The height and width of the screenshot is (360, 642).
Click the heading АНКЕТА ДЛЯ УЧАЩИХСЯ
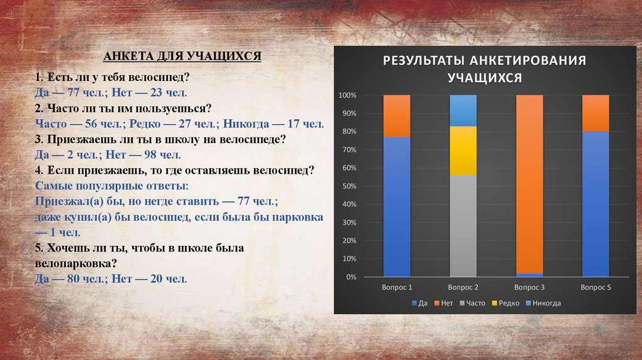coord(182,56)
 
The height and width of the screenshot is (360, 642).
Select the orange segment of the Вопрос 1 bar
coord(397,116)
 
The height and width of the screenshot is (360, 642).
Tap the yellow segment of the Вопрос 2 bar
coord(463,151)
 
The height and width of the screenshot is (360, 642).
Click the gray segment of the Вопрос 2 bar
coord(463,226)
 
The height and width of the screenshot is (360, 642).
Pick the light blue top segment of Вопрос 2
coord(463,110)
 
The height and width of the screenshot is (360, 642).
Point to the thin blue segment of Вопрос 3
coord(529,275)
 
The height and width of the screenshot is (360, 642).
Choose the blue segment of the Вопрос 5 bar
coord(596,204)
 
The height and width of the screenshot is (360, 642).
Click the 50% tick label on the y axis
coord(349,186)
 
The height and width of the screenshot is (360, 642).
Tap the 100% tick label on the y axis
coord(347,95)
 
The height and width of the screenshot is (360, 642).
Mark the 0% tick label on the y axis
coord(351,277)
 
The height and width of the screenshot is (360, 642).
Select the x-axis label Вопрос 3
coord(529,287)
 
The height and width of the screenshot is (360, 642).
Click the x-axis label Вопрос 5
coord(596,287)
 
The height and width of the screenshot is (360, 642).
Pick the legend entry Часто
coord(473,303)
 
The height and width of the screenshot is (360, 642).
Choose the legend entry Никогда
coord(544,303)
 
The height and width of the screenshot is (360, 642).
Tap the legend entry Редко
coord(506,303)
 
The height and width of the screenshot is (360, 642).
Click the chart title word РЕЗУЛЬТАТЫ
coord(423,61)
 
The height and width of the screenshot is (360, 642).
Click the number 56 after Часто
coord(92,124)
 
